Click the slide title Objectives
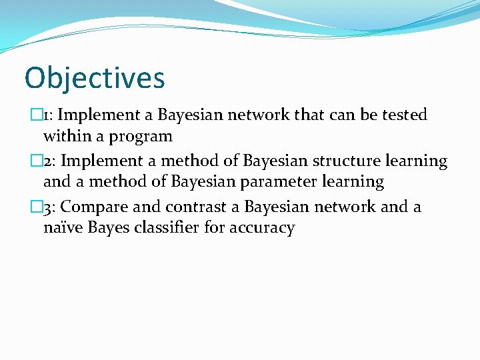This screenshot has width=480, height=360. (95, 77)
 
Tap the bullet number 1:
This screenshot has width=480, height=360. (53, 115)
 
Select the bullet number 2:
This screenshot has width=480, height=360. (53, 161)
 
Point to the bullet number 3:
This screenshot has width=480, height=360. (53, 207)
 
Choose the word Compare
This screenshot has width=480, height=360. (95, 207)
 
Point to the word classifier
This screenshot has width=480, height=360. (190, 228)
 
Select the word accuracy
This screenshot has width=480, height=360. (262, 229)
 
